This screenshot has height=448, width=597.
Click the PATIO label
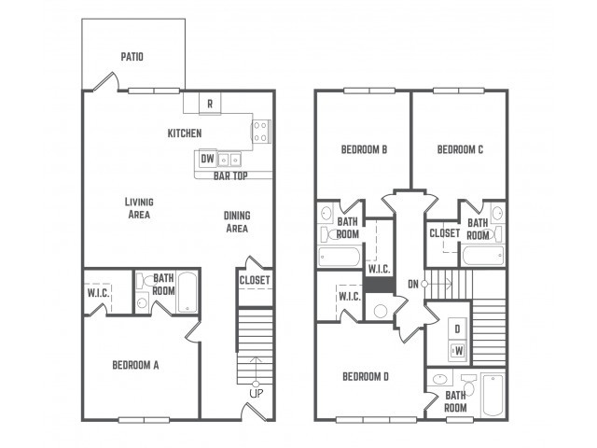point(132,57)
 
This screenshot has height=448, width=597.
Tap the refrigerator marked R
point(210,103)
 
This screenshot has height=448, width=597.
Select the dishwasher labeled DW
point(206,159)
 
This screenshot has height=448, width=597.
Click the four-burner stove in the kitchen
point(260,131)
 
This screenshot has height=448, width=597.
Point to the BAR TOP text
point(230,175)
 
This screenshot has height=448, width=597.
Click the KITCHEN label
point(185,133)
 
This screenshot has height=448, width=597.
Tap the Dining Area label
point(237,222)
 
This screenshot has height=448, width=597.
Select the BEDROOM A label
point(135,365)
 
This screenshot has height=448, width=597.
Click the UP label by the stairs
point(256,394)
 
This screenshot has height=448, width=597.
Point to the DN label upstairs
point(413,284)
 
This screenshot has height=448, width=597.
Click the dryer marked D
point(457,329)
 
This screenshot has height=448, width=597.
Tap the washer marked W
point(457,351)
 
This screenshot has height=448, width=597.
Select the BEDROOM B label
point(364,149)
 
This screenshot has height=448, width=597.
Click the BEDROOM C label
point(460,149)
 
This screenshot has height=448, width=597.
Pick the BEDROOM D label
point(366,377)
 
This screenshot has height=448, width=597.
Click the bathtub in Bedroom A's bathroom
point(187,292)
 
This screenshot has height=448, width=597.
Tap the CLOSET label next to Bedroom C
point(445,232)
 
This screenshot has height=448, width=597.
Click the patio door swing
point(106,81)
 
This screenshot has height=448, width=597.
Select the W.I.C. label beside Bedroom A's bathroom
point(99,293)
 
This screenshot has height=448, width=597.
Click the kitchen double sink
point(229,160)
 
